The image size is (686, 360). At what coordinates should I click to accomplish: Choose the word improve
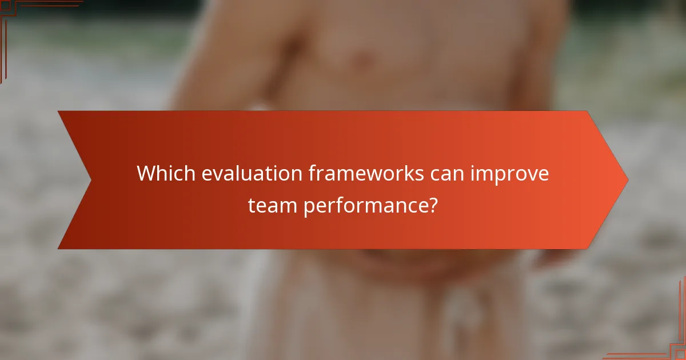pos(509,174)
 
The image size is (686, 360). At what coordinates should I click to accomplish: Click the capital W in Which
pos(146,174)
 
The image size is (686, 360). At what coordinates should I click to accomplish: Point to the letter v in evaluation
pos(216,174)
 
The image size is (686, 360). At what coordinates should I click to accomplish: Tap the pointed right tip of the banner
pos(627,180)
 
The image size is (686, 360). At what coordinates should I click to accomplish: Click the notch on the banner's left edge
pos(90,180)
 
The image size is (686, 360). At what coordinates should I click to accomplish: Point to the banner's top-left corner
pos(59,111)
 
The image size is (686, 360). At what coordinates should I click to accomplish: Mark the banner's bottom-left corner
pos(59,248)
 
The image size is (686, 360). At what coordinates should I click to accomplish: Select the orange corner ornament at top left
pos(11,11)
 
